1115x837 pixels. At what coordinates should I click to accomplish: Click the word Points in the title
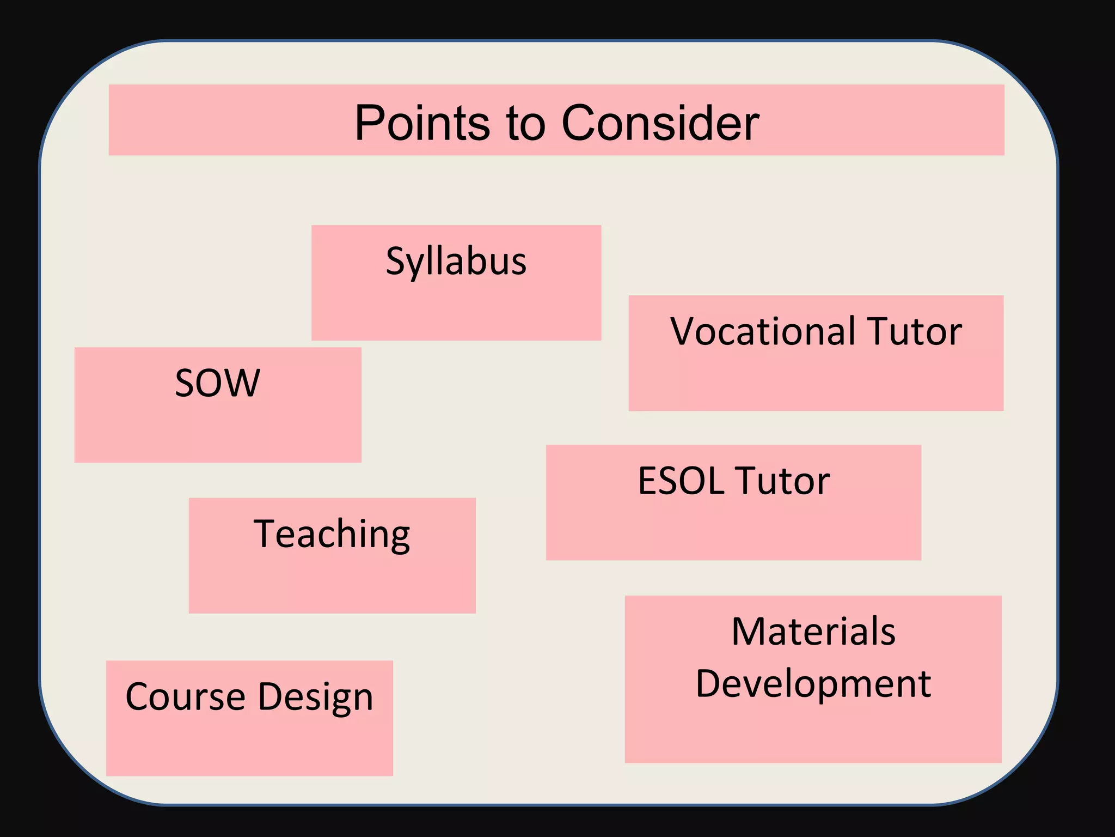pyautogui.click(x=422, y=123)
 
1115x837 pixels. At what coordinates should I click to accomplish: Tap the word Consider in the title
pyautogui.click(x=660, y=123)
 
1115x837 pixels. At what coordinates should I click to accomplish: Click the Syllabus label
pyautogui.click(x=456, y=262)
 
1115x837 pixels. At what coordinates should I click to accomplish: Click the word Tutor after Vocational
pyautogui.click(x=915, y=331)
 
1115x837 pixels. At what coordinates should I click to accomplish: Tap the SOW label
pyautogui.click(x=218, y=383)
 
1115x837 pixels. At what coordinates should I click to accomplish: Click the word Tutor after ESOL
pyautogui.click(x=784, y=481)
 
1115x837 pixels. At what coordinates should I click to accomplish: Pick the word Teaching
pyautogui.click(x=332, y=535)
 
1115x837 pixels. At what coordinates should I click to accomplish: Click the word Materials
pyautogui.click(x=813, y=632)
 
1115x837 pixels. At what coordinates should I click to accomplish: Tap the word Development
pyautogui.click(x=813, y=684)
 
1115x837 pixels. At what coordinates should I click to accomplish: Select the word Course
pyautogui.click(x=186, y=696)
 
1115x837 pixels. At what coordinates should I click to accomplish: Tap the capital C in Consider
pyautogui.click(x=579, y=123)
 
